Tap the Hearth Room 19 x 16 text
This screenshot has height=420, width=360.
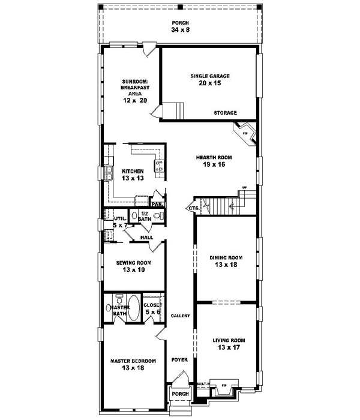pyautogui.click(x=214, y=161)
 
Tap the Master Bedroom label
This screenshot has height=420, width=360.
pyautogui.click(x=133, y=365)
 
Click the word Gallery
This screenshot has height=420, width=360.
pyautogui.click(x=180, y=316)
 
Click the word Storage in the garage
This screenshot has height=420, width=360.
pyautogui.click(x=226, y=113)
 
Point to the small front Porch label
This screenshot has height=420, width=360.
pyautogui.click(x=179, y=394)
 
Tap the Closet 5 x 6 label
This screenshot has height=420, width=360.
pyautogui.click(x=152, y=309)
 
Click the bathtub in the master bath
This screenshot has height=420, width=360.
pyautogui.click(x=134, y=308)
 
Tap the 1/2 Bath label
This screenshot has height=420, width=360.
pyautogui.click(x=145, y=216)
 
